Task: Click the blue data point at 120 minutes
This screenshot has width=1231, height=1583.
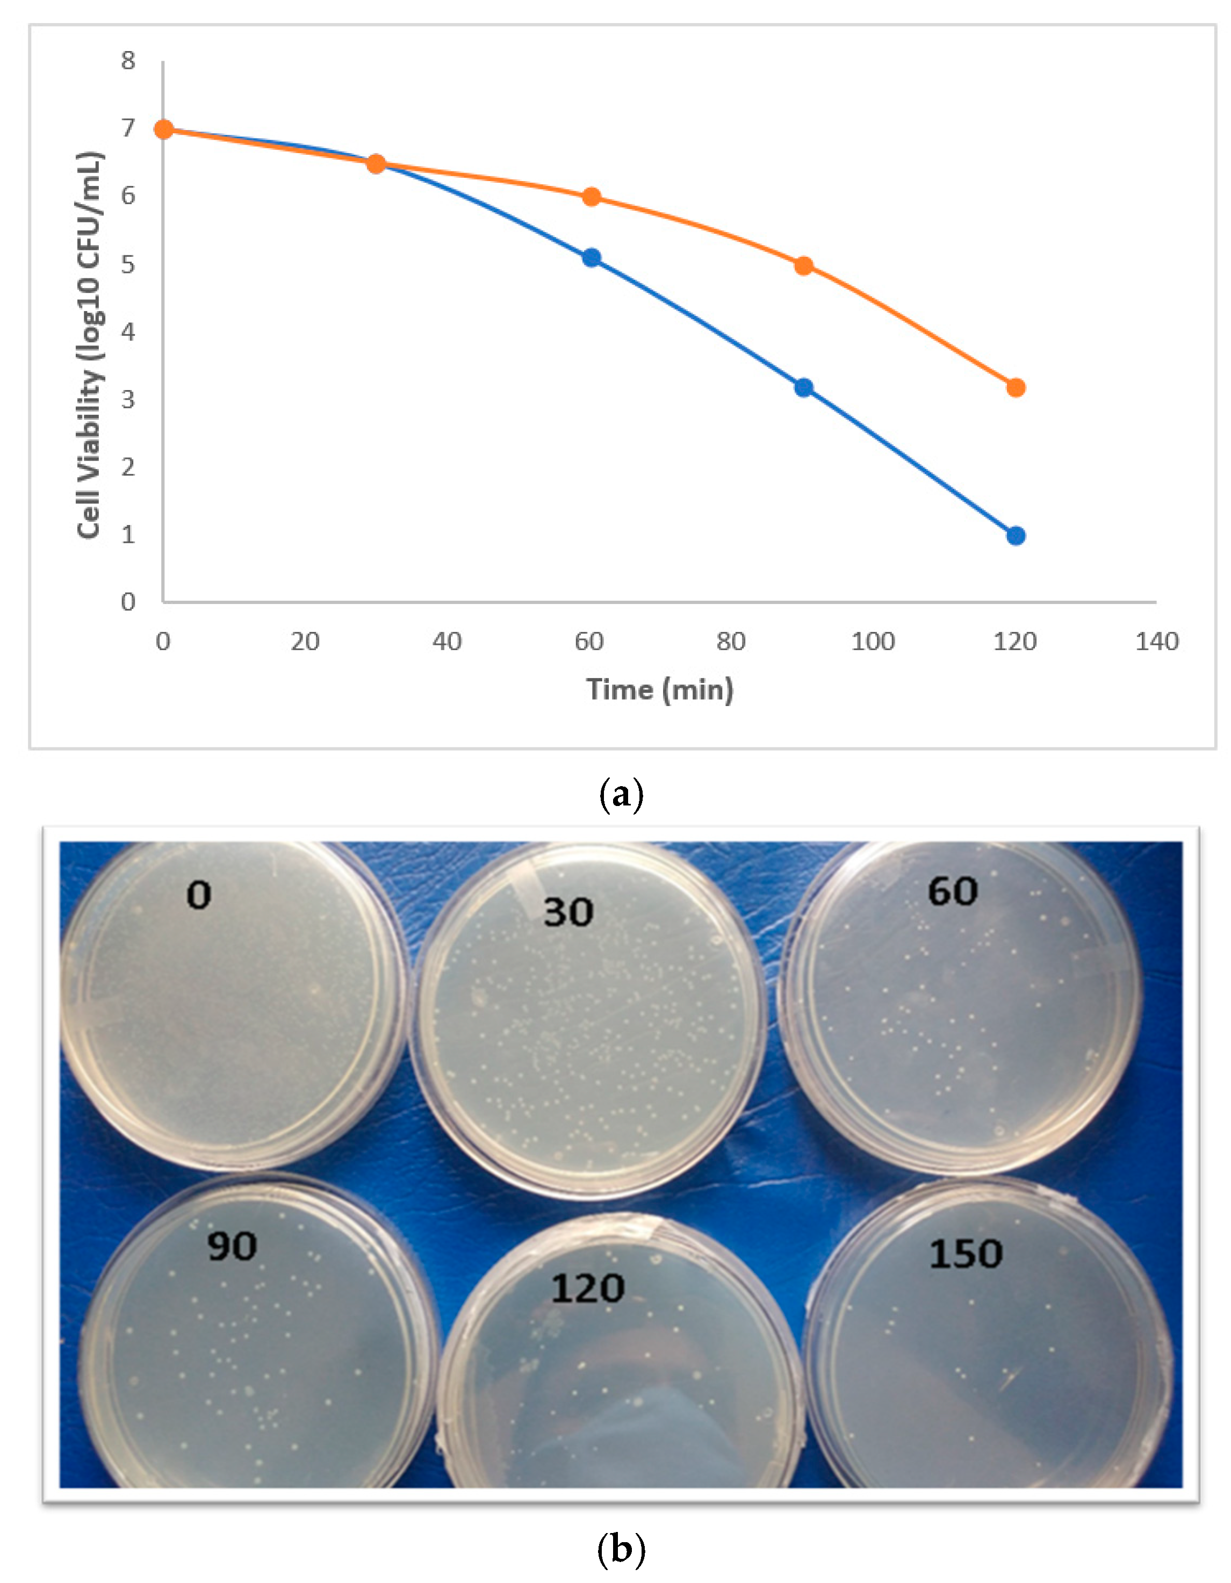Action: coord(1016,536)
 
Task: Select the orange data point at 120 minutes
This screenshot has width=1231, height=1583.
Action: coord(1016,388)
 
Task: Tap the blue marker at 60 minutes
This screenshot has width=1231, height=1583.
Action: coord(592,257)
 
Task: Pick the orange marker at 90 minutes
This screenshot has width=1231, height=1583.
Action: coord(803,266)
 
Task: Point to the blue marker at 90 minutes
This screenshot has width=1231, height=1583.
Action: coord(803,388)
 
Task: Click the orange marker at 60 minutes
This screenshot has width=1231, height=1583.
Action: coord(592,197)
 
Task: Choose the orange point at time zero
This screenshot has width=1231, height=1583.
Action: coord(164,129)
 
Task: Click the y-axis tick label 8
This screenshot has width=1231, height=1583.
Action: coord(128,61)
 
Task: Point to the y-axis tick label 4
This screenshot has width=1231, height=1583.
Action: coord(128,332)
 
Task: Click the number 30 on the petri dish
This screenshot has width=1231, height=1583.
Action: coord(568,912)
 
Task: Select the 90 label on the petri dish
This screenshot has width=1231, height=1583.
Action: coord(232,1247)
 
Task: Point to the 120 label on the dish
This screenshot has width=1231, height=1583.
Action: coord(587,1289)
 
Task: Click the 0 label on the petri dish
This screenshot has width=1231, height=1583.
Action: coord(199,896)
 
